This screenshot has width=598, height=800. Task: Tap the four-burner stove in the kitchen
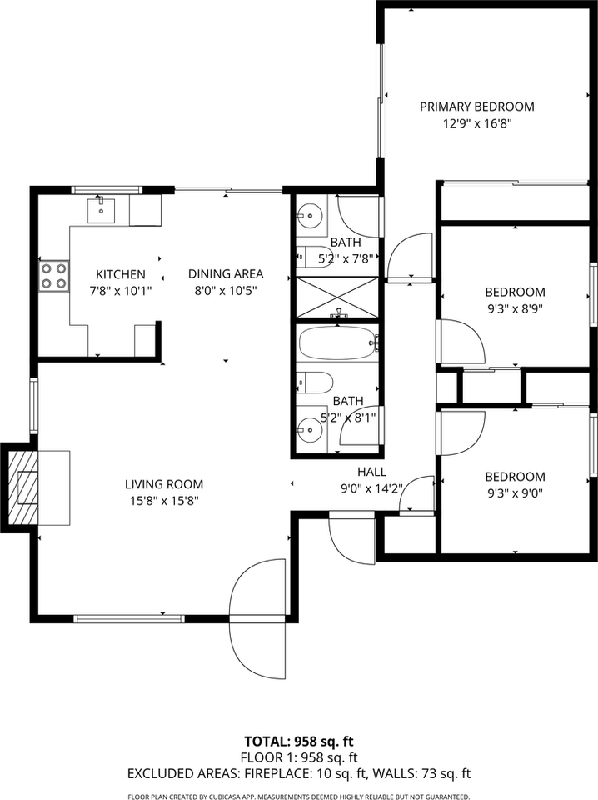coord(54,276)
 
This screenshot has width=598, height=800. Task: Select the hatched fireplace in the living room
coord(26,487)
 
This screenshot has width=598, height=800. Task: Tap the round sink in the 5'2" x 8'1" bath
coord(310,431)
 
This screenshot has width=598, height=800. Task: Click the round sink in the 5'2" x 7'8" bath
coord(309,215)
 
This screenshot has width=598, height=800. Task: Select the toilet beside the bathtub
coord(313,382)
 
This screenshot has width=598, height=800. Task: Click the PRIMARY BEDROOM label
coord(476,107)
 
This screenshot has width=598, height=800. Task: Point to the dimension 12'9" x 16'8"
coord(476,123)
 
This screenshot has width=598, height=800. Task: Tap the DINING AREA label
coord(225,273)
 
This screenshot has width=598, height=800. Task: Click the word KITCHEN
coord(121,274)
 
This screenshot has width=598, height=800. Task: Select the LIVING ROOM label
coord(164,484)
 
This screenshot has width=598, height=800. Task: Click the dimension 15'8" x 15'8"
coord(164,501)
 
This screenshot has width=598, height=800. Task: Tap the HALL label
coord(371,472)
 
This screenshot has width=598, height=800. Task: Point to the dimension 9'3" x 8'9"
coord(515,309)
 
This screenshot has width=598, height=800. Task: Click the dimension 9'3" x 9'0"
coord(515,493)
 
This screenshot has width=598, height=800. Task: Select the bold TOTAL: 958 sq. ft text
coord(299,741)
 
